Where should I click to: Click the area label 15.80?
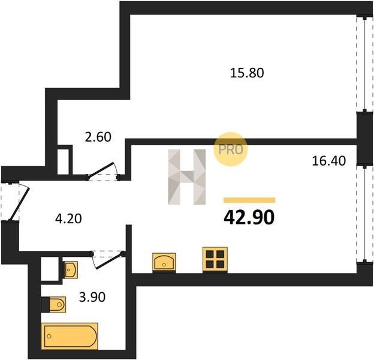(x=247, y=73)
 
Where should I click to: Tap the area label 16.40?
(x=328, y=161)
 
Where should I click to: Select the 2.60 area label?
(x=98, y=137)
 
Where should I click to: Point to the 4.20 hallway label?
(x=68, y=218)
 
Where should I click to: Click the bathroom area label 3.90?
(x=92, y=297)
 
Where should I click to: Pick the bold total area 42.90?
(x=249, y=218)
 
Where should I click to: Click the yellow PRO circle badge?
(x=230, y=149)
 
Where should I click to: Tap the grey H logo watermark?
(x=186, y=177)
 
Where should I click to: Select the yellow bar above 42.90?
(x=249, y=200)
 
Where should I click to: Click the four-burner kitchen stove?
(x=215, y=260)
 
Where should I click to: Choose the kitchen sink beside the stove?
(x=164, y=263)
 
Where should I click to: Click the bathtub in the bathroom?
(x=70, y=336)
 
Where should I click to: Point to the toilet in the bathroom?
(x=58, y=304)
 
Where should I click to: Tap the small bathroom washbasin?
(x=71, y=270)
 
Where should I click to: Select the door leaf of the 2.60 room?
(x=101, y=170)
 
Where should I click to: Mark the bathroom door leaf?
(x=110, y=261)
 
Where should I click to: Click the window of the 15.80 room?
(x=364, y=64)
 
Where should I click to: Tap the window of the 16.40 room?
(x=364, y=214)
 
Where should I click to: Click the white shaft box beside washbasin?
(x=50, y=269)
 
